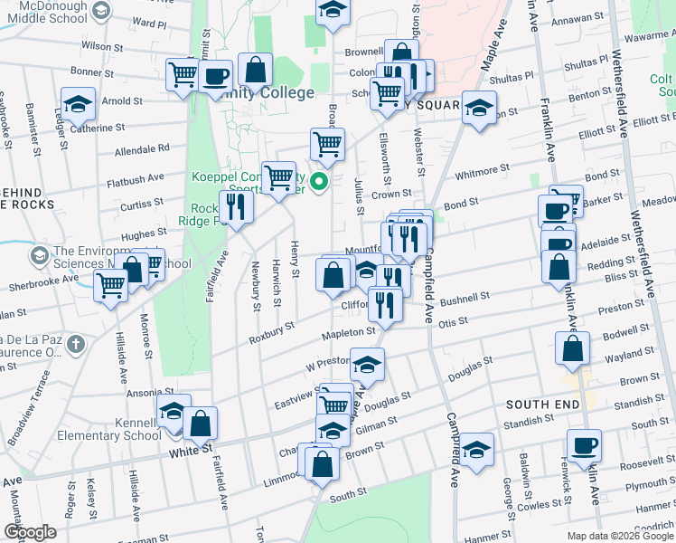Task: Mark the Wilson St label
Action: coord(100,44)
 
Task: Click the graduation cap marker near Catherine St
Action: coord(79,104)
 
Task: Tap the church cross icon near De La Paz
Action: coord(76,344)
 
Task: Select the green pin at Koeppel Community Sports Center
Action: coord(319,184)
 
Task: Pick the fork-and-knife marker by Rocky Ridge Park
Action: coord(237,207)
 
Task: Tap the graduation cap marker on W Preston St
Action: coord(367,365)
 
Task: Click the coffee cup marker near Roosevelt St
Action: coord(584,445)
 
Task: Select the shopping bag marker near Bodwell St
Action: coord(572,348)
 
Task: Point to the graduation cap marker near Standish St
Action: coord(477,450)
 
